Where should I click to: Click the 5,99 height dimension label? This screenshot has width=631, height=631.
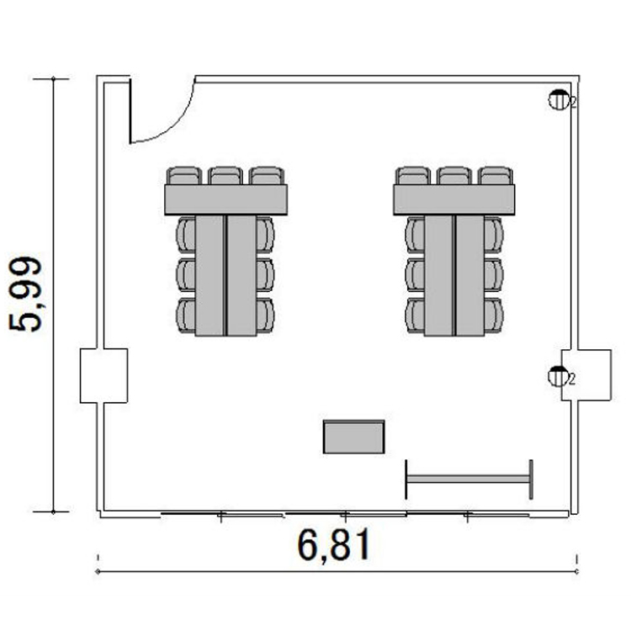(25, 294)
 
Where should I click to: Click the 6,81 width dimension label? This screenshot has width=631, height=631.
(334, 545)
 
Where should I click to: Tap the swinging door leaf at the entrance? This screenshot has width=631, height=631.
(130, 111)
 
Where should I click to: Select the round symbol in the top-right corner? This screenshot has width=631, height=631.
(559, 99)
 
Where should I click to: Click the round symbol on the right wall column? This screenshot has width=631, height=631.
(558, 376)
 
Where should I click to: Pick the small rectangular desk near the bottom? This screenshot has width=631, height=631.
(353, 437)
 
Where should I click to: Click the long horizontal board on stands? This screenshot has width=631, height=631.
(469, 480)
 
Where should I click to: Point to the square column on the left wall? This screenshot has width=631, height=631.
(103, 375)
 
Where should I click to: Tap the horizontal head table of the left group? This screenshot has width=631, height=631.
(225, 199)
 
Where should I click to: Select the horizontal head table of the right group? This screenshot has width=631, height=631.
(454, 199)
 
